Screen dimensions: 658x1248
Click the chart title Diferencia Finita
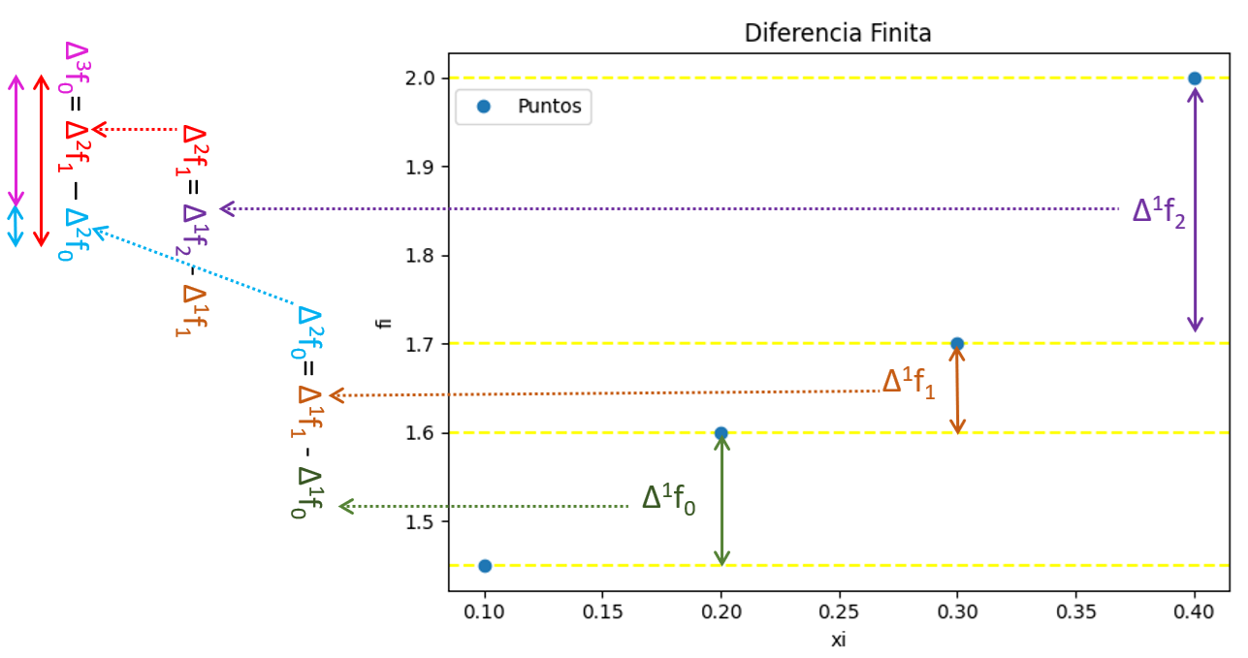coord(837,33)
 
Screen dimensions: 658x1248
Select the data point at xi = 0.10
coord(484,566)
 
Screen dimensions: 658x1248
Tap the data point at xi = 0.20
coord(720,433)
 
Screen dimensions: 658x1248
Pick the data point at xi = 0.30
coord(957,343)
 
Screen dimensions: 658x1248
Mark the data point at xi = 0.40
coord(1195,78)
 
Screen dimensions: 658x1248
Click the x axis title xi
coord(839,640)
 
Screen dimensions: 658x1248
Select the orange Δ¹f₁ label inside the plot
coord(909,383)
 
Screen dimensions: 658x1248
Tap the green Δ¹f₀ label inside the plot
coord(668,499)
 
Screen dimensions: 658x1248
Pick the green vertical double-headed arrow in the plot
coord(721,500)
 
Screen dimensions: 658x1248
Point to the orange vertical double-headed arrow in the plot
coord(958,389)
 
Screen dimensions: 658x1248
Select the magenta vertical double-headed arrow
coord(16,140)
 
